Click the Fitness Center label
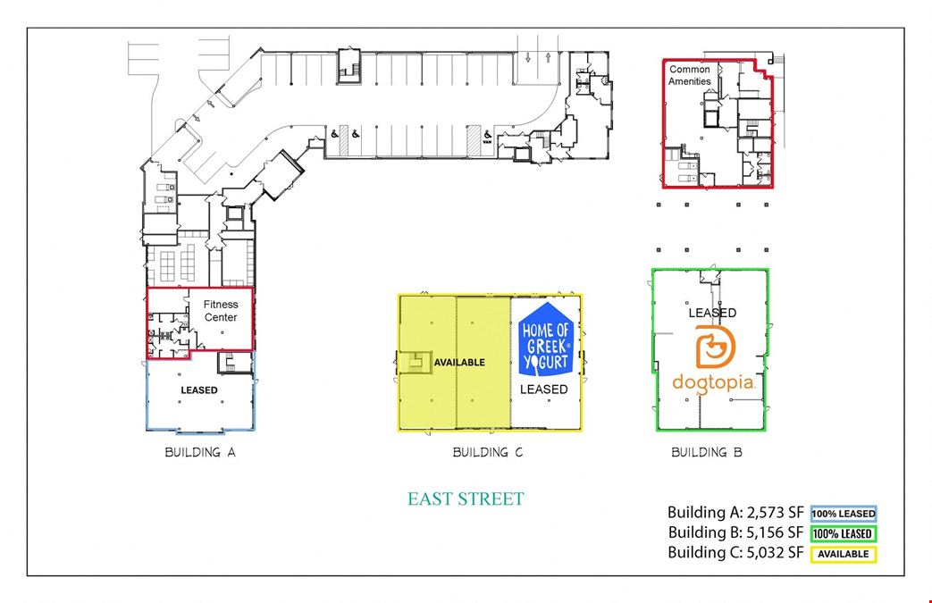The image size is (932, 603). tap(221, 311)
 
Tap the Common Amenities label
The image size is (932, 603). tap(690, 75)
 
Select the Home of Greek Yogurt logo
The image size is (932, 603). tap(546, 339)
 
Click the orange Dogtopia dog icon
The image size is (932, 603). tap(715, 347)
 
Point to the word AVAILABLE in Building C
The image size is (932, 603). tap(459, 363)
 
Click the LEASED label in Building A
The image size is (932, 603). tap(199, 390)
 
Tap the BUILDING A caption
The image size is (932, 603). tap(200, 452)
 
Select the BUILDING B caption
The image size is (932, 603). tap(707, 452)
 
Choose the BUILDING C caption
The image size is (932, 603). tap(487, 452)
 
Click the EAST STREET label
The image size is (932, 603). tap(466, 498)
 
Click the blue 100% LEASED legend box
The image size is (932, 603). tap(844, 514)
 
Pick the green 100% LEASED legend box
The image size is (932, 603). tap(844, 533)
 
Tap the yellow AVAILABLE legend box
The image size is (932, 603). tap(844, 554)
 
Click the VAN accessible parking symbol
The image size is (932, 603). tap(487, 138)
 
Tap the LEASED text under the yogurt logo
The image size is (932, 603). tap(544, 389)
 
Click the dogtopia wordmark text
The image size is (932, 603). tap(714, 384)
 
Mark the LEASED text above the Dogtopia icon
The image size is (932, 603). tap(712, 313)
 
